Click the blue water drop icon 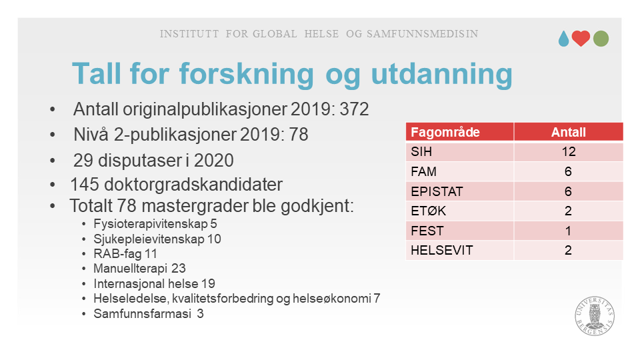(564, 39)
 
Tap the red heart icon (581, 39)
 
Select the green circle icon (601, 39)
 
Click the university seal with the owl (595, 316)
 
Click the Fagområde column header (445, 132)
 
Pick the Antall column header (568, 132)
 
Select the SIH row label (421, 152)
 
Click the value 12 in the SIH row (568, 152)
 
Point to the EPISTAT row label (437, 191)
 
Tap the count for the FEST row (568, 231)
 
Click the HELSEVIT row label (441, 250)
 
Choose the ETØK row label (428, 211)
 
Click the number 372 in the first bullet (354, 109)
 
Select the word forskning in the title (247, 74)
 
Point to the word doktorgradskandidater (193, 185)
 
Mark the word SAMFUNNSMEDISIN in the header (423, 34)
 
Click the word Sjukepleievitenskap (149, 239)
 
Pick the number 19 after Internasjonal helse (208, 284)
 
